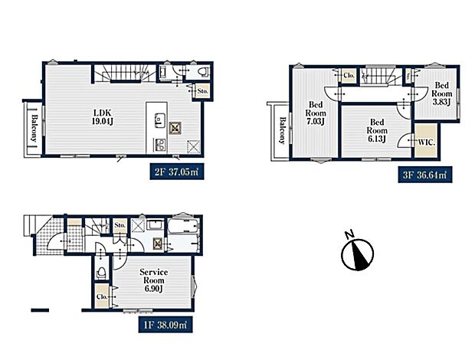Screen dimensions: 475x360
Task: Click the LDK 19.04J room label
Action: click(103, 117)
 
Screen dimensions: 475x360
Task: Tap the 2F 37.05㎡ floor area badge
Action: click(177, 172)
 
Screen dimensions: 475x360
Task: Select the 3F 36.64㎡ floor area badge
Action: click(425, 175)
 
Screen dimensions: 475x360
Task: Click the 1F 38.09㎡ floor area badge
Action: click(165, 325)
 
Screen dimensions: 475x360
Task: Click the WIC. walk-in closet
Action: click(427, 140)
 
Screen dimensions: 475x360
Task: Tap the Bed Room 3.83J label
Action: click(441, 93)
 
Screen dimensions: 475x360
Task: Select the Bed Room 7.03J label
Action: click(316, 113)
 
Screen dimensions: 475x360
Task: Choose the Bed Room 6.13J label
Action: click(377, 130)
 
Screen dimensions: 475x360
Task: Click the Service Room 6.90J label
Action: click(153, 280)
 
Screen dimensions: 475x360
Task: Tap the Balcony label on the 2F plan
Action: click(34, 128)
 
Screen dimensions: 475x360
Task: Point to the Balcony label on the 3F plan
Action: click(283, 130)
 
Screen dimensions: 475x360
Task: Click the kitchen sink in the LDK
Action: click(159, 119)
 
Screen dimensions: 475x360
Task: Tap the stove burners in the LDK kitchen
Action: click(160, 144)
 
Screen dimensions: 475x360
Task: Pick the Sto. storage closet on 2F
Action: click(202, 90)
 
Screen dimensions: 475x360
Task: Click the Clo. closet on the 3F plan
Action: click(349, 75)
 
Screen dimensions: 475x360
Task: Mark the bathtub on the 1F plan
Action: click(183, 225)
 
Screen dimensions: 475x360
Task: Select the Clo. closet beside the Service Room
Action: click(101, 296)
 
